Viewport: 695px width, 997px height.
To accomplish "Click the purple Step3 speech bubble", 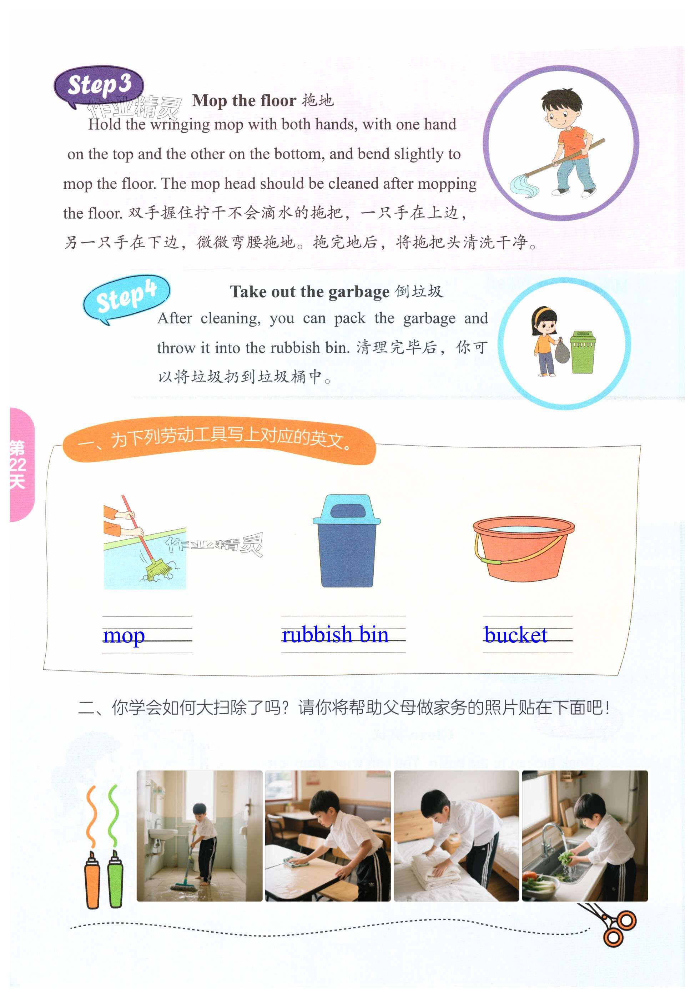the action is [x=99, y=86].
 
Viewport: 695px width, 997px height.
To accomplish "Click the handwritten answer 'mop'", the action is [x=124, y=636].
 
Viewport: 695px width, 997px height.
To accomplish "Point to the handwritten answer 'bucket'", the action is [x=515, y=635].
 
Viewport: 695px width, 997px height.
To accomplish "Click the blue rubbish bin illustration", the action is [x=347, y=541].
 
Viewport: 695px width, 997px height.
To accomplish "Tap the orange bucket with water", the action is [x=524, y=549].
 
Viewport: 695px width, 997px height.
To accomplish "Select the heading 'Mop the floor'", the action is [x=244, y=100].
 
